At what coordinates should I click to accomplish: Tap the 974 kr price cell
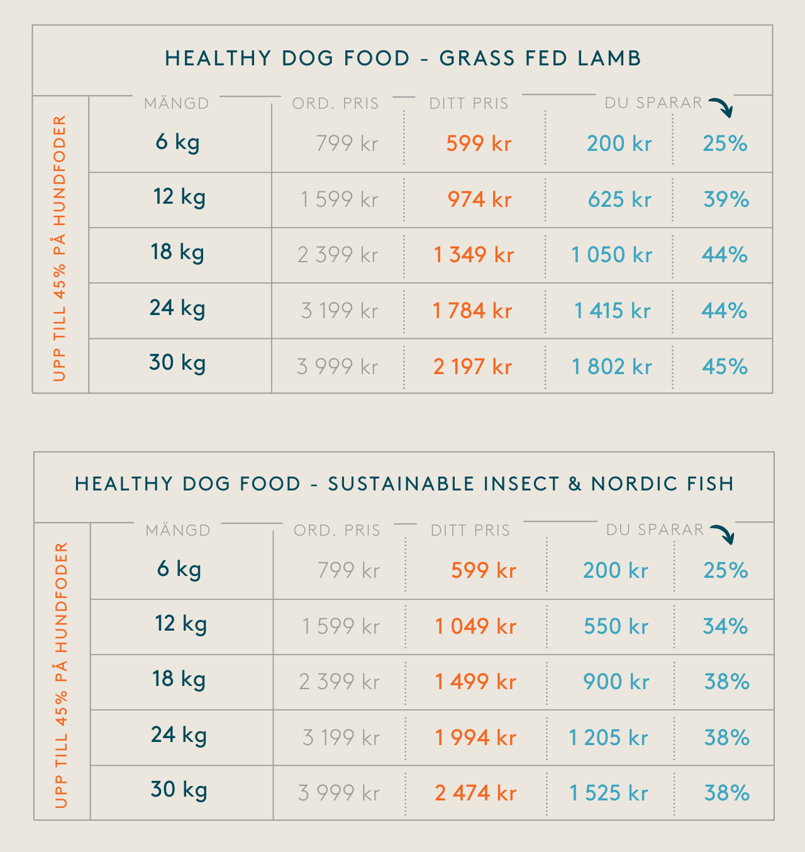[x=479, y=199]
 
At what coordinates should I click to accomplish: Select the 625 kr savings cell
[x=619, y=199]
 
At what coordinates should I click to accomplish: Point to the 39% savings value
[x=726, y=199]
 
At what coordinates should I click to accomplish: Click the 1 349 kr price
[x=474, y=255]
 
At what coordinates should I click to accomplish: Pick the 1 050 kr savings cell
[x=611, y=255]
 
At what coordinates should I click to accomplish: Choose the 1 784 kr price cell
[x=472, y=311]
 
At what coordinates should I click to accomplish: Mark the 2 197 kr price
[x=472, y=367]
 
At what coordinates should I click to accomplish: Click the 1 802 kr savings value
[x=611, y=367]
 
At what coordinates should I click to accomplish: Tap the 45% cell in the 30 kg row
[x=724, y=367]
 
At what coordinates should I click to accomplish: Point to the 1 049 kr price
[x=475, y=626]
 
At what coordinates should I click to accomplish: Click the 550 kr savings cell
[x=616, y=626]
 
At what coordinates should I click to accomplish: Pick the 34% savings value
[x=725, y=626]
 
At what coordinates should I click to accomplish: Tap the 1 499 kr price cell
[x=475, y=682]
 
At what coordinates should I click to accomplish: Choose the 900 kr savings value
[x=616, y=682]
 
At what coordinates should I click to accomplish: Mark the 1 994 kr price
[x=475, y=738]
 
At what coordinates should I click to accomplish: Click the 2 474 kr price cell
[x=475, y=793]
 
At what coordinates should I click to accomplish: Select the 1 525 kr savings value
[x=608, y=793]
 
